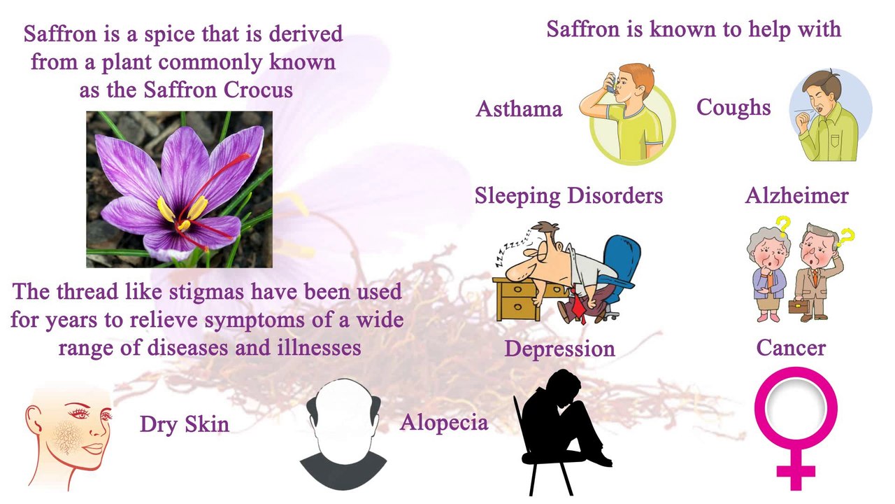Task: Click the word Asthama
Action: click(x=519, y=109)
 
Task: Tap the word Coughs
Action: click(x=733, y=107)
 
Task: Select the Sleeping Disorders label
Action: click(x=568, y=195)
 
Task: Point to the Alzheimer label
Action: click(x=796, y=195)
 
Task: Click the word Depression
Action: click(x=559, y=349)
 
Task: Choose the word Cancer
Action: click(x=791, y=347)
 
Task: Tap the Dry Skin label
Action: click(x=184, y=424)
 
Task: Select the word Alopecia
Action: click(x=443, y=423)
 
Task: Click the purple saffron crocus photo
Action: click(x=179, y=189)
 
